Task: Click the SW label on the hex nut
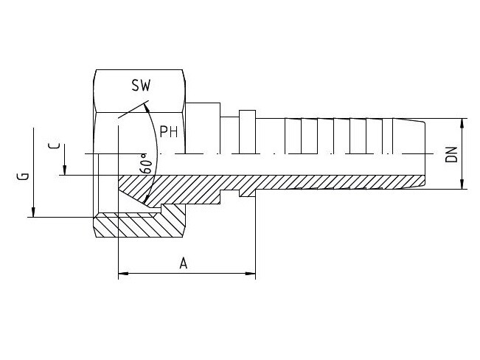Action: click(141, 86)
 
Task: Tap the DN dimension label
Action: click(452, 154)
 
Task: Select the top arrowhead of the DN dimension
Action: click(462, 122)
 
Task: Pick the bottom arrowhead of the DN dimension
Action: click(462, 185)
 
